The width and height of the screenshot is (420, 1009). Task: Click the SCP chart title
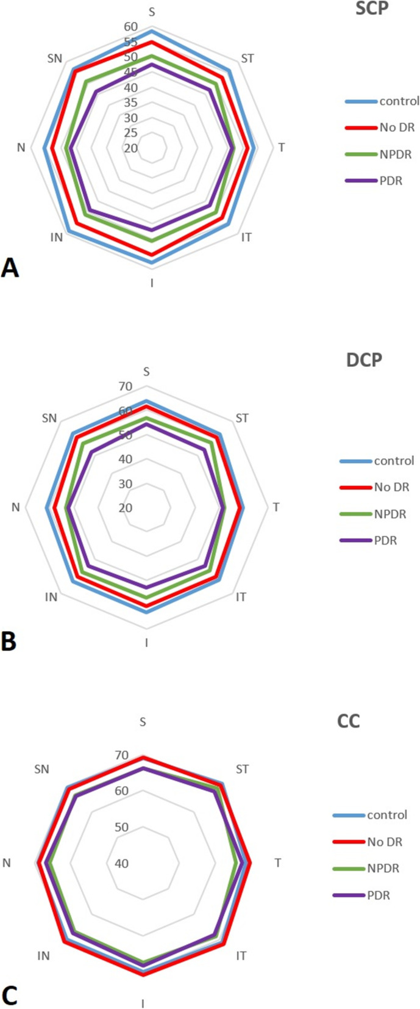click(372, 9)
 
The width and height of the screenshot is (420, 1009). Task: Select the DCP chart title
click(364, 360)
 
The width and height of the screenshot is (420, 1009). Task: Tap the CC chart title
click(348, 721)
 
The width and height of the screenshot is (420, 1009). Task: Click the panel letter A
click(10, 268)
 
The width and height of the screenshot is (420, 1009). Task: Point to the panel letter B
click(9, 642)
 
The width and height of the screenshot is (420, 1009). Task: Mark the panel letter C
click(9, 996)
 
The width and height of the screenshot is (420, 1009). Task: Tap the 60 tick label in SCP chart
click(130, 27)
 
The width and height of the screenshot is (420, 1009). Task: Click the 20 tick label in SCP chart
click(130, 148)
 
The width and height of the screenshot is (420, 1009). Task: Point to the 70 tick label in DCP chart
click(126, 386)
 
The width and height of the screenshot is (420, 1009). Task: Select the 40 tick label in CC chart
click(121, 863)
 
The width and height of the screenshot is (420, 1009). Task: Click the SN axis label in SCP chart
click(55, 59)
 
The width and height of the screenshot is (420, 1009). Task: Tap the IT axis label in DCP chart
click(241, 597)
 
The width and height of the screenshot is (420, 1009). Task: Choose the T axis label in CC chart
click(278, 863)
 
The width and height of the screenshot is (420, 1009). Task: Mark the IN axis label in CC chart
click(43, 956)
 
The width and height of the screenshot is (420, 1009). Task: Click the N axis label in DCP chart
click(15, 507)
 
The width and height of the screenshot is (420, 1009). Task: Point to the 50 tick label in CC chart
click(121, 827)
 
